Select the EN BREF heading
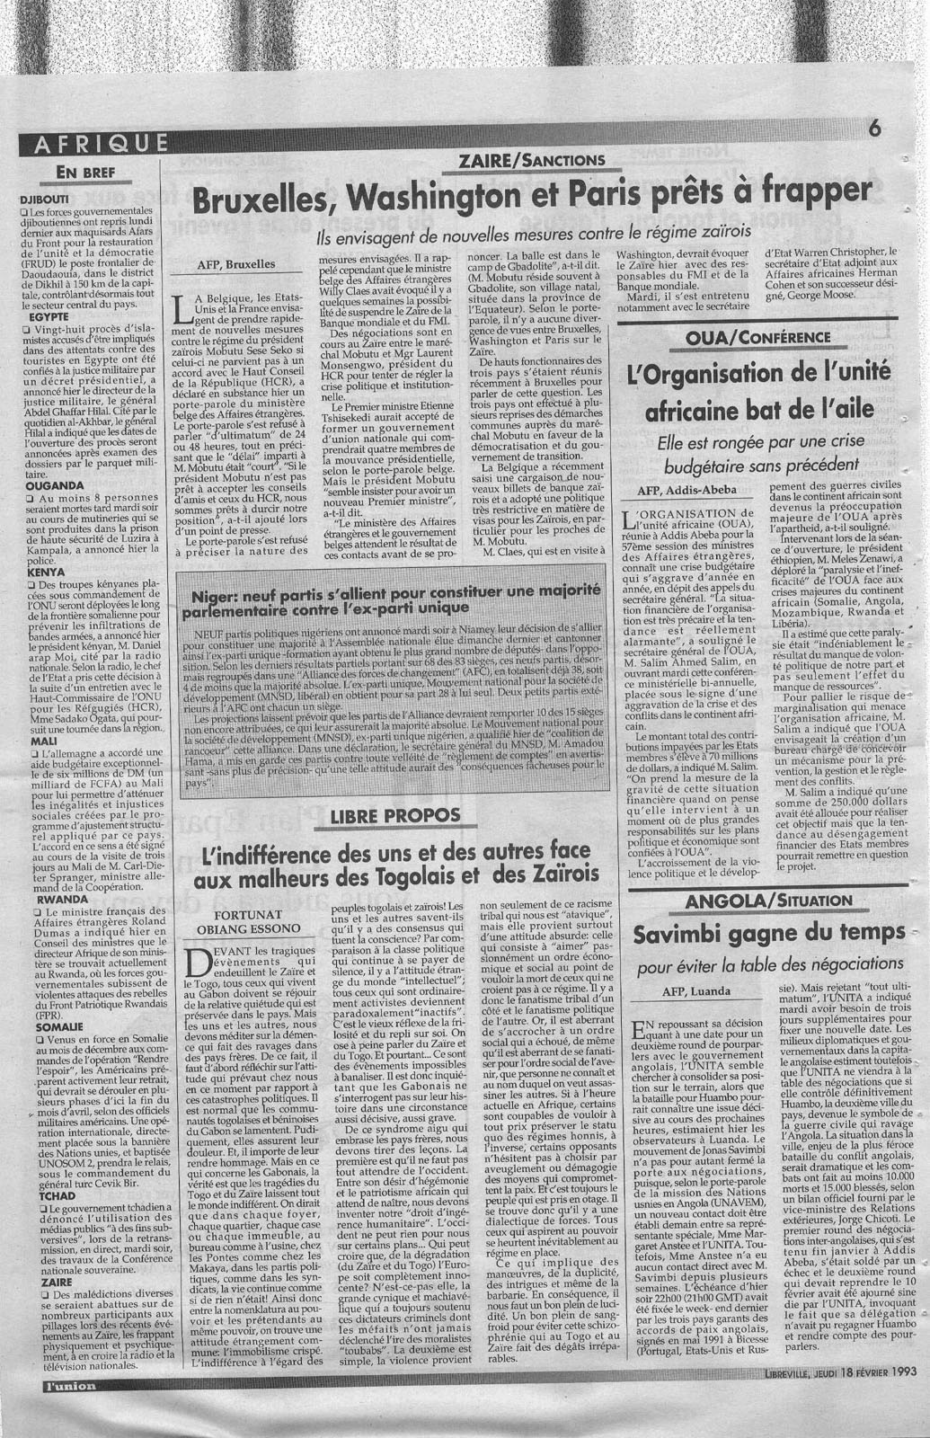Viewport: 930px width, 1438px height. (x=86, y=173)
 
